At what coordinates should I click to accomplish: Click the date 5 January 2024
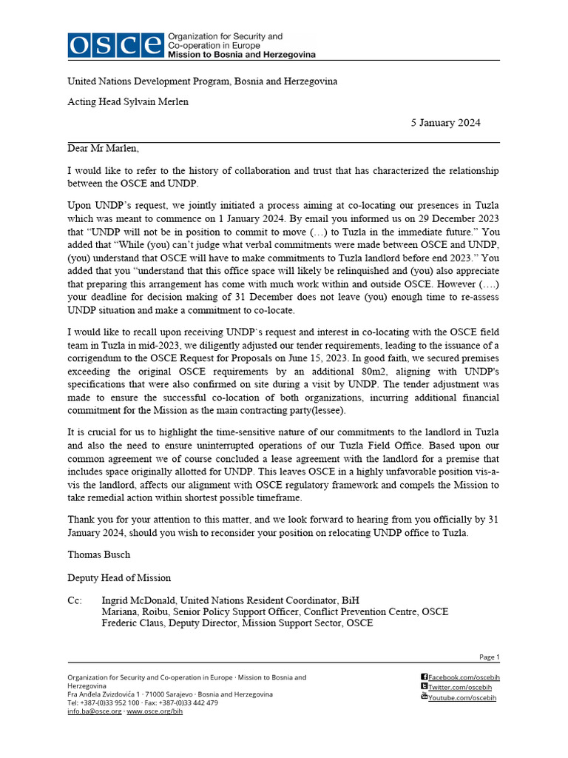[x=446, y=123]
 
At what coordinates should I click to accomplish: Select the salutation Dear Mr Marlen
[x=103, y=149]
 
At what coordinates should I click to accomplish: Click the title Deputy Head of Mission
[x=119, y=578]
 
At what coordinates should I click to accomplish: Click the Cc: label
[x=75, y=600]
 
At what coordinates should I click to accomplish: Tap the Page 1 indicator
[x=490, y=657]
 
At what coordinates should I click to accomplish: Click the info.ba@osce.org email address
[x=94, y=711]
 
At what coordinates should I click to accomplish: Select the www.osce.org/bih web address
[x=155, y=711]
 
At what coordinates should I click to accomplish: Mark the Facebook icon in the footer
[x=424, y=677]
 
